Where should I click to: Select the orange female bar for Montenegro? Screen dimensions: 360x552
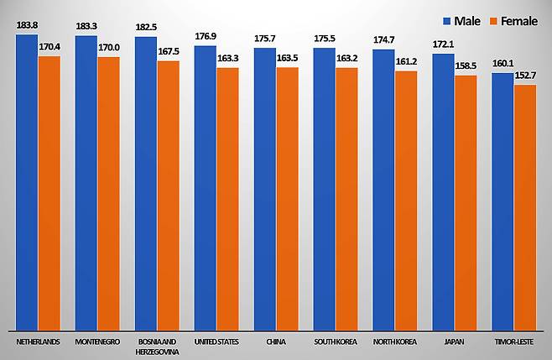point(108,193)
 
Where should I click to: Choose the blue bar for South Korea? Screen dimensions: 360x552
point(324,189)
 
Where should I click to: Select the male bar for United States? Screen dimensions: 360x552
point(205,189)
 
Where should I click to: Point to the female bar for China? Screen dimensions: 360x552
point(287,197)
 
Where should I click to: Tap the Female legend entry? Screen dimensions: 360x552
point(512,20)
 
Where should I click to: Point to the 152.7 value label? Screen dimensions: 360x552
point(524,77)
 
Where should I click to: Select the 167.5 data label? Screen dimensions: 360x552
point(168,52)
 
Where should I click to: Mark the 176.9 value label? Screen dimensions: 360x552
point(205,38)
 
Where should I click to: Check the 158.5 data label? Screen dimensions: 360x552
point(466,67)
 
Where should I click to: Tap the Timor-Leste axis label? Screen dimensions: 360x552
point(513,342)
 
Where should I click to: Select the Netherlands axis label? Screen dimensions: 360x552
point(38,342)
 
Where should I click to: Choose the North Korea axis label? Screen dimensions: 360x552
point(394,342)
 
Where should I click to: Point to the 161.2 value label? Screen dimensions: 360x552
point(407,63)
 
